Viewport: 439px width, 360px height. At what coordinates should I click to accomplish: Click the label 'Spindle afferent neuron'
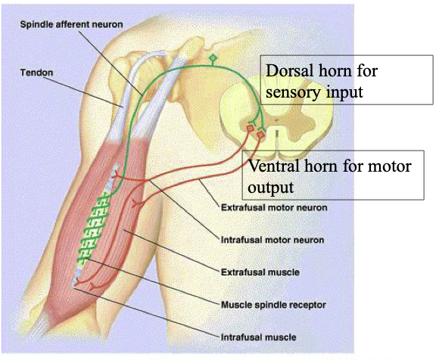pyautogui.click(x=71, y=25)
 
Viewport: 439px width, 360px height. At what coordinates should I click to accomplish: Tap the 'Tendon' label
pyautogui.click(x=36, y=73)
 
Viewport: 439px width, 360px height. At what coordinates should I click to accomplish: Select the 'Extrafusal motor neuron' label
pyautogui.click(x=274, y=207)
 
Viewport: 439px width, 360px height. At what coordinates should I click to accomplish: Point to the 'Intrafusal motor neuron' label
pyautogui.click(x=272, y=240)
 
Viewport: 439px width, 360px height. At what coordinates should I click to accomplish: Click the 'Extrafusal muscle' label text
pyautogui.click(x=260, y=272)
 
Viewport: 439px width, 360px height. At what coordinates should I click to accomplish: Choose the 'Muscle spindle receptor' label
pyautogui.click(x=273, y=305)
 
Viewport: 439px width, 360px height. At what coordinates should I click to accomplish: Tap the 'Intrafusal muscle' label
pyautogui.click(x=258, y=337)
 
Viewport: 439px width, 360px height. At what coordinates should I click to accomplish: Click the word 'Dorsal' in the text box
pyautogui.click(x=289, y=70)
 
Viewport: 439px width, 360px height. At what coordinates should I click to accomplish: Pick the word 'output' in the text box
pyautogui.click(x=271, y=188)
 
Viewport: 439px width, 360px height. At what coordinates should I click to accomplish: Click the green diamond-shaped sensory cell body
pyautogui.click(x=213, y=58)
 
